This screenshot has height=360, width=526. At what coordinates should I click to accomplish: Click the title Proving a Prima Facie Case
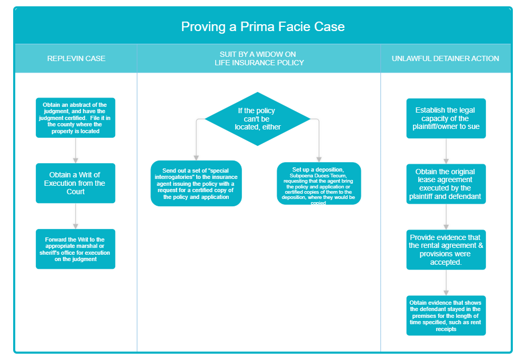(x=263, y=27)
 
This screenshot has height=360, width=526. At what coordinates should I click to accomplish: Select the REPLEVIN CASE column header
(x=76, y=58)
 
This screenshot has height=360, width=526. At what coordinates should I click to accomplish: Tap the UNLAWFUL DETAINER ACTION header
(x=446, y=58)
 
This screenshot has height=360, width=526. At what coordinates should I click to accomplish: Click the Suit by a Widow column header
(x=258, y=58)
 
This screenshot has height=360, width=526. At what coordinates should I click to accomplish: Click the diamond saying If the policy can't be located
(x=257, y=119)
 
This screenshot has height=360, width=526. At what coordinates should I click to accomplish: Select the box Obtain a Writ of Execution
(x=75, y=183)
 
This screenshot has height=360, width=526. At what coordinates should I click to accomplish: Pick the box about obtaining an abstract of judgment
(x=75, y=118)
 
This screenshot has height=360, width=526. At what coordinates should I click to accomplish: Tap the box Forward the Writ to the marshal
(x=75, y=249)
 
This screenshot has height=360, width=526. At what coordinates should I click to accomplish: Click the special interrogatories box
(x=196, y=184)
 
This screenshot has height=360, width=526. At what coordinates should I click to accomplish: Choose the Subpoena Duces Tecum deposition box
(x=319, y=184)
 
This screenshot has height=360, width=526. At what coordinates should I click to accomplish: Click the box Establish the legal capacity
(x=446, y=118)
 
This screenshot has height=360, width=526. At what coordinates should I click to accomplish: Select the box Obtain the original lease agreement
(x=446, y=184)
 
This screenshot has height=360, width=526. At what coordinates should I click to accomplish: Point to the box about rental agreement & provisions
(x=446, y=249)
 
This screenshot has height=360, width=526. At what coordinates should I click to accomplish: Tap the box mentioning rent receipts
(x=446, y=315)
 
